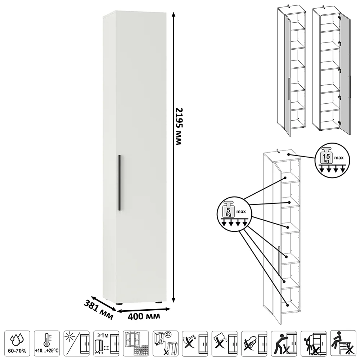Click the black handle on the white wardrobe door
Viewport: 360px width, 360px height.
119,183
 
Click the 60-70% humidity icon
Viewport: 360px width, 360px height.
17,344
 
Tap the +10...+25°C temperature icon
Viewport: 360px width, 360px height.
46,344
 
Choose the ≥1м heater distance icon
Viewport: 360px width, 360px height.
106,344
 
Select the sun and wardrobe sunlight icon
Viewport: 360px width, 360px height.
76,344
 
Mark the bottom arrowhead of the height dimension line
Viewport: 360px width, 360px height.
174,300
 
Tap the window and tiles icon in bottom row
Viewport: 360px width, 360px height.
135,344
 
